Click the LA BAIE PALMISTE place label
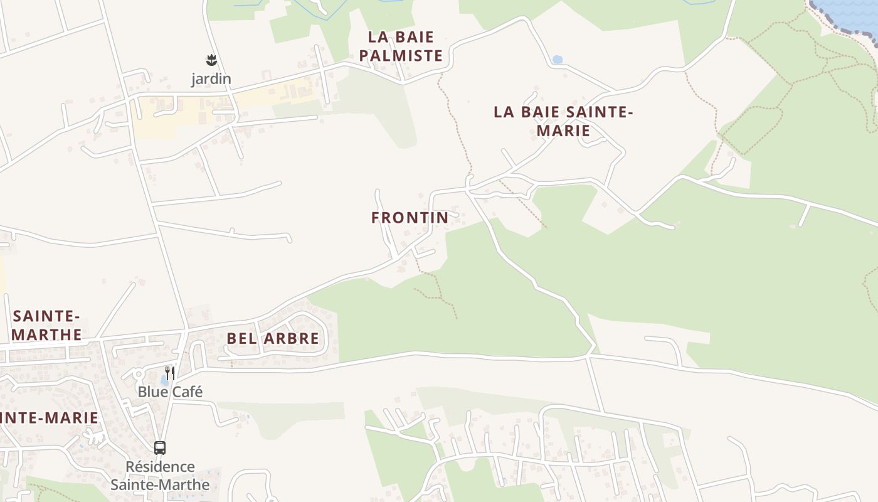pos(401,46)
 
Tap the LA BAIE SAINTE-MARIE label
pos(563,121)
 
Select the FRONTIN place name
pos(410,218)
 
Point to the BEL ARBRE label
pos(273,338)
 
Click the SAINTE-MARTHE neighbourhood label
pos(47,325)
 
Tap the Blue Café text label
pos(170,392)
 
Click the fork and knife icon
pos(169,372)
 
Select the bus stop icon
pos(160,448)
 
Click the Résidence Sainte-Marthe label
pos(160,476)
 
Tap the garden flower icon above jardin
pos(211,60)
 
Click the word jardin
pos(211,79)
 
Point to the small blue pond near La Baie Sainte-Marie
pos(557,60)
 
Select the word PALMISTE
pos(401,56)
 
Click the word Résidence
pos(160,467)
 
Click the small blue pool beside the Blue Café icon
pos(164,380)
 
